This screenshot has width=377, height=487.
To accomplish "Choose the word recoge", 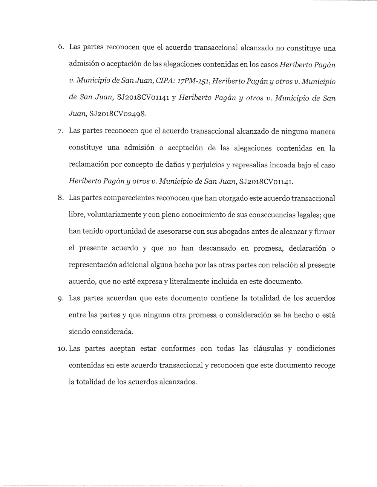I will (325, 365).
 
